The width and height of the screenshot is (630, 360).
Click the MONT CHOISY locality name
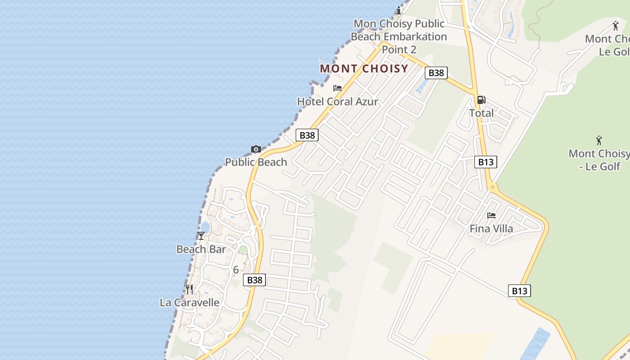click(x=364, y=69)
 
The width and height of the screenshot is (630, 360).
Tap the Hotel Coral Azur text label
click(x=337, y=102)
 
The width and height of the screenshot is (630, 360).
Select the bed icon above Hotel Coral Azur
click(x=337, y=88)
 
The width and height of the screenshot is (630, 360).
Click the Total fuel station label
click(x=481, y=113)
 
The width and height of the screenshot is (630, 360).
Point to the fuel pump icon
click(x=481, y=100)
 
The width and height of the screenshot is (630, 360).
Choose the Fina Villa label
click(x=491, y=229)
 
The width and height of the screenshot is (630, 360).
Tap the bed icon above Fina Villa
click(x=491, y=216)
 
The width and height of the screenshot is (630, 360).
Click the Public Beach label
click(x=256, y=162)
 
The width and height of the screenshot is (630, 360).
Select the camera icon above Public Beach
click(x=256, y=149)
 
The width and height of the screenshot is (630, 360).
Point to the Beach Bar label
click(x=201, y=249)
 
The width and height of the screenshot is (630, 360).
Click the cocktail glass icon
click(x=201, y=236)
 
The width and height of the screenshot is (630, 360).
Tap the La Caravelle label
click(x=189, y=302)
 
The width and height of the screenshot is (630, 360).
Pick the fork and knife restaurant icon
click(x=189, y=289)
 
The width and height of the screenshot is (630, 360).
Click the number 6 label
click(x=236, y=270)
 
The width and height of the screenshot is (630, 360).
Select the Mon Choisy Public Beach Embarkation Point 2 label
click(x=399, y=36)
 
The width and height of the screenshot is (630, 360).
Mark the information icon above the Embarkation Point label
click(x=399, y=11)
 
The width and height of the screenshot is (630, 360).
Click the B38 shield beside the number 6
click(x=255, y=280)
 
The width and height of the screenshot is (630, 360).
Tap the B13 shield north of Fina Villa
click(x=486, y=162)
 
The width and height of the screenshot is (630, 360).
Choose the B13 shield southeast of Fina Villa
click(x=519, y=291)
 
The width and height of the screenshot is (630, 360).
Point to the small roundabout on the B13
click(x=492, y=186)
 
